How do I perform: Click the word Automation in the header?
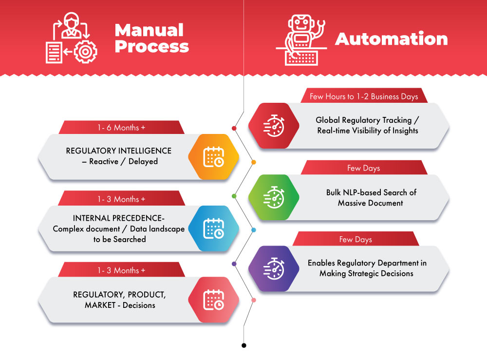pos(391,39)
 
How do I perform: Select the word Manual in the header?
pos(149,30)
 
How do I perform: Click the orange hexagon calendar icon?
pos(213,157)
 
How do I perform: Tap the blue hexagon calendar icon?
pos(213,228)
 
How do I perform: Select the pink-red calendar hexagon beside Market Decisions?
pos(213,300)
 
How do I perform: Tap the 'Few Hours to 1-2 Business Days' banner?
pos(364,96)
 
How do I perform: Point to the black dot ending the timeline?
pos(243,345)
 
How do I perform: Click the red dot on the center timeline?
pos(234,129)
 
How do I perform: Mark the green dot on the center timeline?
pos(234,196)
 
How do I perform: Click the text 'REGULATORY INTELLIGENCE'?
pos(119,151)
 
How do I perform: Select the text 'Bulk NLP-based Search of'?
pos(371,192)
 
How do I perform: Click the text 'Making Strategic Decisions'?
pos(366,273)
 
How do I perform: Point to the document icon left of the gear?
pos(55,52)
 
